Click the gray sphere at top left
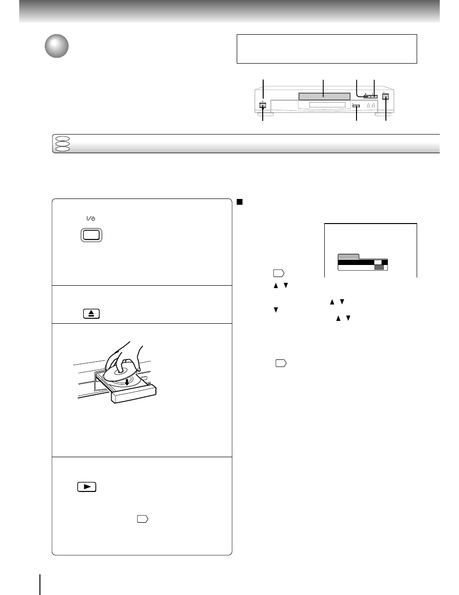click(57, 46)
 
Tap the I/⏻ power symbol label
click(91, 218)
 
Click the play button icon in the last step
click(87, 487)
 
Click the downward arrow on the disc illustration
click(127, 382)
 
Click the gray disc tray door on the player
click(324, 97)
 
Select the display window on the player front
click(327, 106)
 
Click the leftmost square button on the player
click(263, 106)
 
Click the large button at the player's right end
click(385, 97)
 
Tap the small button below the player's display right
click(356, 106)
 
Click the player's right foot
click(389, 116)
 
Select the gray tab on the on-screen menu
click(348, 256)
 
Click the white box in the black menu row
click(379, 262)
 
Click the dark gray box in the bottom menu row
click(379, 267)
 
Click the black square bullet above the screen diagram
click(239, 202)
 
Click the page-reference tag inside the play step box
click(142, 519)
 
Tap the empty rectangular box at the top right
click(327, 49)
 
